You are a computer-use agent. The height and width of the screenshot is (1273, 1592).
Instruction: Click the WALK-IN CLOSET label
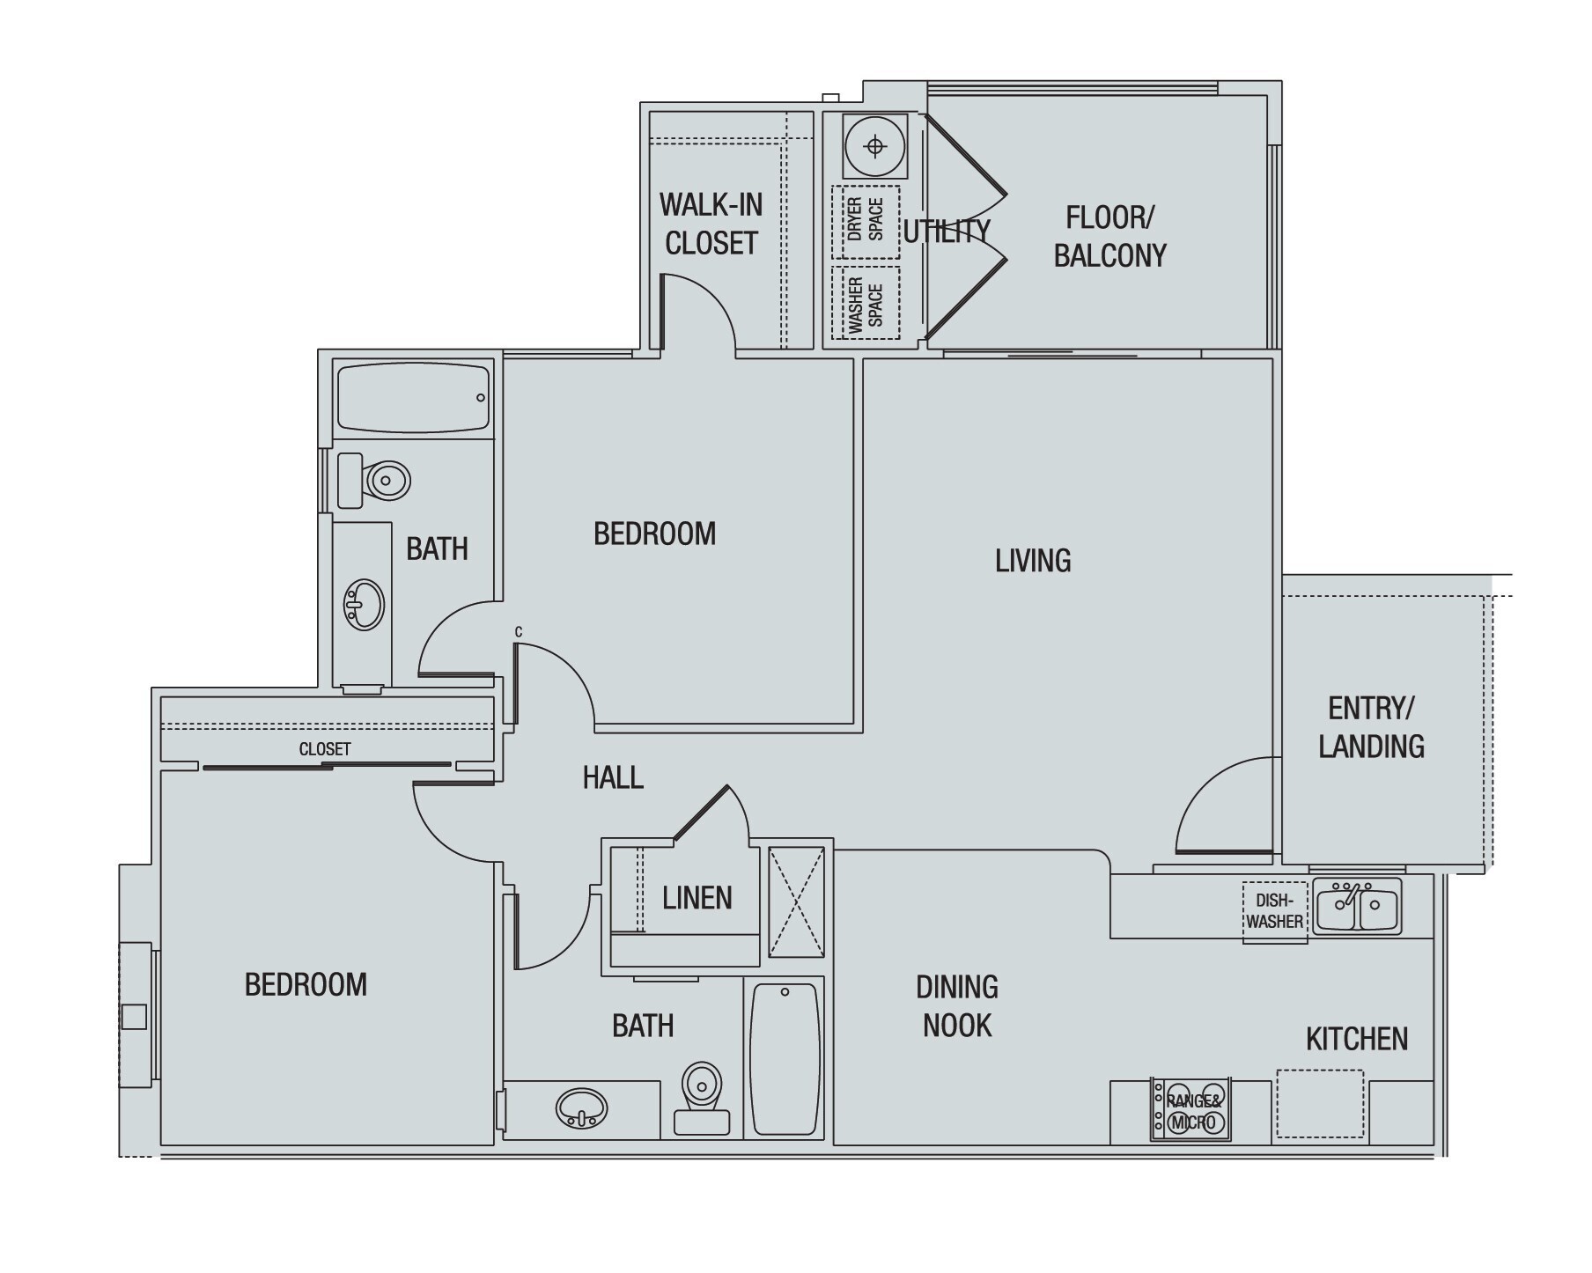pos(711,224)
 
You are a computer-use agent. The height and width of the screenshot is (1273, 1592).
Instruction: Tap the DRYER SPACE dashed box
pos(866,221)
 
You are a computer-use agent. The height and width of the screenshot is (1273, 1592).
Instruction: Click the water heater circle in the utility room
pos(874,146)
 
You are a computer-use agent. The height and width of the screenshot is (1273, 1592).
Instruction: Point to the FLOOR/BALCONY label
pos(1109,236)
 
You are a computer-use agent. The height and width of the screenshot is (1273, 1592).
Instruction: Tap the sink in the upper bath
pos(364,605)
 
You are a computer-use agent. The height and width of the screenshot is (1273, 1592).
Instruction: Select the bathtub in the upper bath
pos(412,398)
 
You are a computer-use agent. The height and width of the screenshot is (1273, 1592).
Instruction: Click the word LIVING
pos(1033,561)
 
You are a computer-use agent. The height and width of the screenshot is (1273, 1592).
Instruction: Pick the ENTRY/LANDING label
pos(1371,727)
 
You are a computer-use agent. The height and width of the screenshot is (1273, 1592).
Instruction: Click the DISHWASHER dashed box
pos(1274,911)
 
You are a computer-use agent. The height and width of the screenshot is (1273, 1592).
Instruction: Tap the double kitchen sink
pos(1357,906)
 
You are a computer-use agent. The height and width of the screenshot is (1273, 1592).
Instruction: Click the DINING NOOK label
pos(957,1006)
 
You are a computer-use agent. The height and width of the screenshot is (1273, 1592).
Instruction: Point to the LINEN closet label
pos(696,898)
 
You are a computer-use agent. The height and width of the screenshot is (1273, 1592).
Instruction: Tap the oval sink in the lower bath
pos(582,1108)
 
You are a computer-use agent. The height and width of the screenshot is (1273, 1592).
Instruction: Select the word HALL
pos(613,777)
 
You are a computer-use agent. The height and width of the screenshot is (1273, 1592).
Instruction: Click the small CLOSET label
pos(325,749)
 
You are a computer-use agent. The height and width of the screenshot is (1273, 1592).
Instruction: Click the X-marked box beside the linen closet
pos(796,902)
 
